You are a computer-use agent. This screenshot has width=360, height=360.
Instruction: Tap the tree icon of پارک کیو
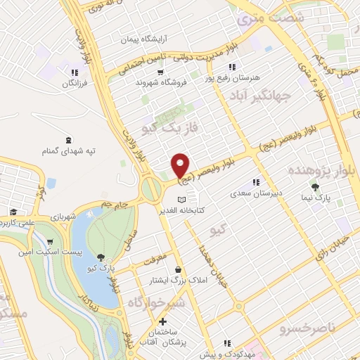point(103,257)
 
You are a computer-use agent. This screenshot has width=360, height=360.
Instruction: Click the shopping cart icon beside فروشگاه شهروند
point(160,72)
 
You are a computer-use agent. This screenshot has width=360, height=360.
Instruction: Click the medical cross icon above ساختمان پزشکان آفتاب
point(163,321)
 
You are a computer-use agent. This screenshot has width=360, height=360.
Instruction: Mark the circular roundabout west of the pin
point(151,188)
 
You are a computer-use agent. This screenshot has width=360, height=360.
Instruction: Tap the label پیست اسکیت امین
point(58,251)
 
